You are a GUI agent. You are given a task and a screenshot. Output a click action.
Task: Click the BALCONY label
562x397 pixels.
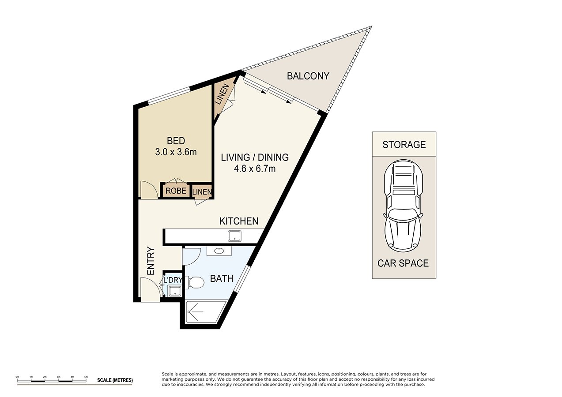(x=308, y=76)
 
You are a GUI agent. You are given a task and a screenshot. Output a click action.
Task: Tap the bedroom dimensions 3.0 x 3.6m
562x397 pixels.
(x=176, y=152)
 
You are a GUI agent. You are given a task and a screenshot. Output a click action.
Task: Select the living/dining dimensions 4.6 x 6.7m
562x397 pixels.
(x=255, y=169)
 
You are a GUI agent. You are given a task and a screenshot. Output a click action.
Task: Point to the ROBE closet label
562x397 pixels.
(x=176, y=191)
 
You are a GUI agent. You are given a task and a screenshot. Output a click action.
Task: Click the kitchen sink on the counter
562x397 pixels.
(x=234, y=236)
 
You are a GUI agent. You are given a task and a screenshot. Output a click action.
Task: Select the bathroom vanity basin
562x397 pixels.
(x=219, y=251)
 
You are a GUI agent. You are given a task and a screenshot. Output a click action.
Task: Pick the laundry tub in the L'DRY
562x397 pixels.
(x=175, y=291)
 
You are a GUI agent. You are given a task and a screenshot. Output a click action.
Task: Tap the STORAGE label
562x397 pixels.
(x=404, y=145)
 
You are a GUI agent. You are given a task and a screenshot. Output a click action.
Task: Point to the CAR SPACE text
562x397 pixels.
(x=403, y=263)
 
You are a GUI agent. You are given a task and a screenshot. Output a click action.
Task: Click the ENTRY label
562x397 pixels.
(x=151, y=261)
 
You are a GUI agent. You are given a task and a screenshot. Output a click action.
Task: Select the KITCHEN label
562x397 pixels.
(x=239, y=221)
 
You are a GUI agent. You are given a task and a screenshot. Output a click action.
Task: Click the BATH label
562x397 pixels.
(x=222, y=278)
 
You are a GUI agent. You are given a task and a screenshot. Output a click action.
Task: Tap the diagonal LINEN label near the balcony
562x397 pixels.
(x=222, y=94)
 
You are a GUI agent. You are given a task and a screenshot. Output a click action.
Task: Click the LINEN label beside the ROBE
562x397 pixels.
(x=202, y=192)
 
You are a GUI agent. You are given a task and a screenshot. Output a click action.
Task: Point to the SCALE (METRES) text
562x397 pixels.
(x=115, y=380)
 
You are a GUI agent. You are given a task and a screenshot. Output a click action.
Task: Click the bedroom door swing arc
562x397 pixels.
(x=152, y=185)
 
